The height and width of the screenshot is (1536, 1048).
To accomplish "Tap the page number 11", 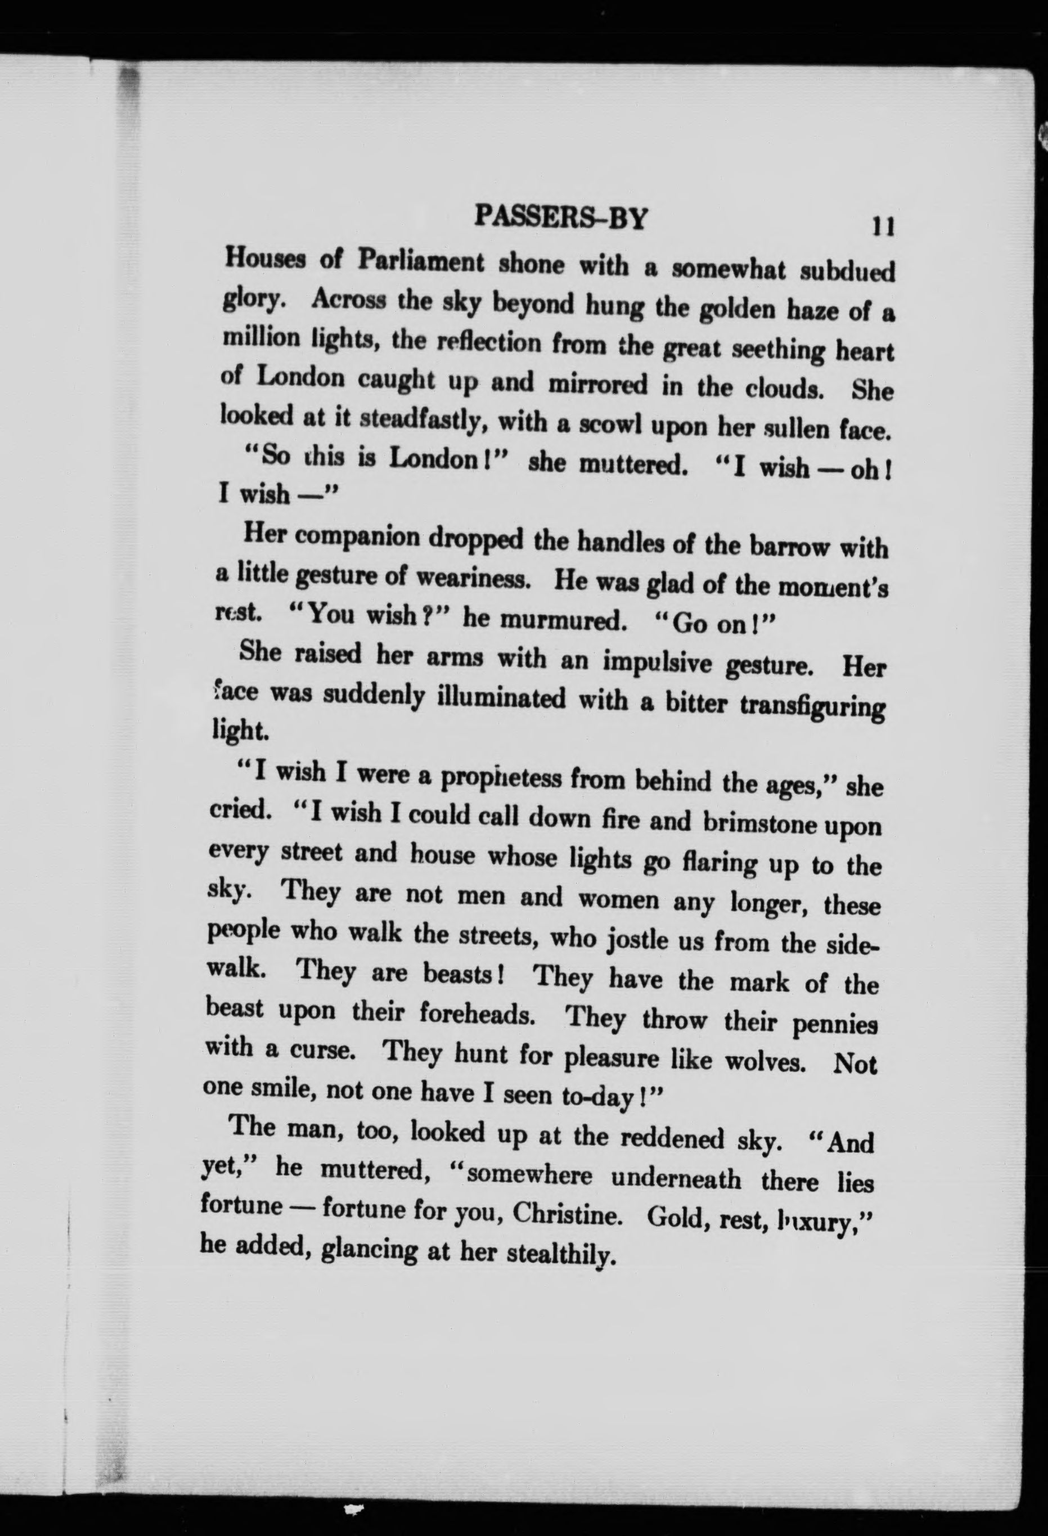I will [x=883, y=227].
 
